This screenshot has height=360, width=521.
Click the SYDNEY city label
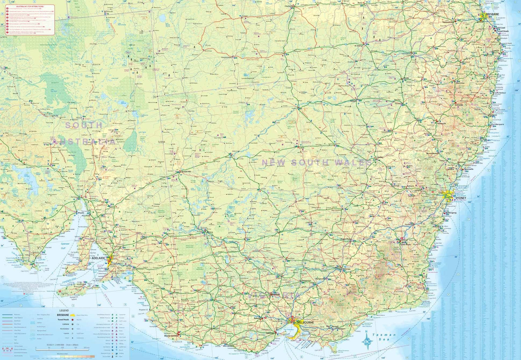tap(461, 198)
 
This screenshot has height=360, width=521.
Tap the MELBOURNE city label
tap(305, 323)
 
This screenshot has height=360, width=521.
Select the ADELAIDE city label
tap(98, 258)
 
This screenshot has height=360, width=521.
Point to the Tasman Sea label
tap(383, 337)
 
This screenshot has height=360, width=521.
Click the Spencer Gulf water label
tap(65, 246)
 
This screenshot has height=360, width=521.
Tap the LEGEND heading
tap(64, 311)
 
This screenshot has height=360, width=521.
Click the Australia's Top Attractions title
tap(30, 7)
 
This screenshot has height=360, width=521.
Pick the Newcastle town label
tap(469, 169)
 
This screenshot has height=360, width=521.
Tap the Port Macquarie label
tap(498, 124)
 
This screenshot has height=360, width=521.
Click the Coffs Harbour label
tap(501, 93)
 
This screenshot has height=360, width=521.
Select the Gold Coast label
tap(501, 28)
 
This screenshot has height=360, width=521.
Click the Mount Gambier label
tap(172, 336)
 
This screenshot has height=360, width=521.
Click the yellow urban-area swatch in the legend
tap(73, 315)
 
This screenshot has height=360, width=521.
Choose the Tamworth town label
tap(441, 124)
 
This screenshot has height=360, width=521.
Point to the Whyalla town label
tap(81, 213)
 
